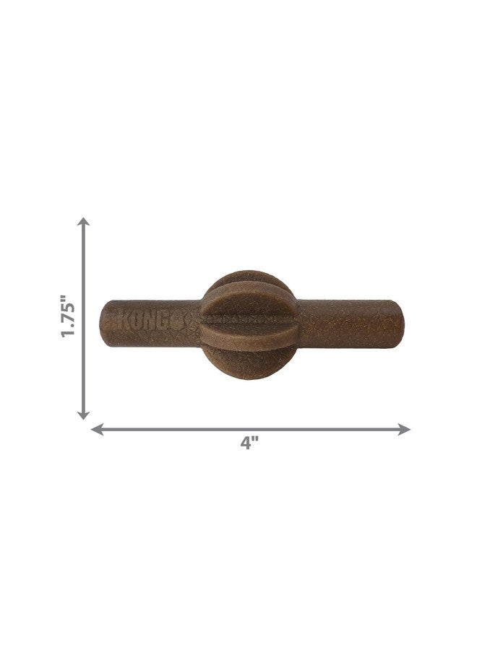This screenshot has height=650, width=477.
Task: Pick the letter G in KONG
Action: coord(171,320)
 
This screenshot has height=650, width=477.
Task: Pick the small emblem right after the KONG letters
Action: coord(187,320)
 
